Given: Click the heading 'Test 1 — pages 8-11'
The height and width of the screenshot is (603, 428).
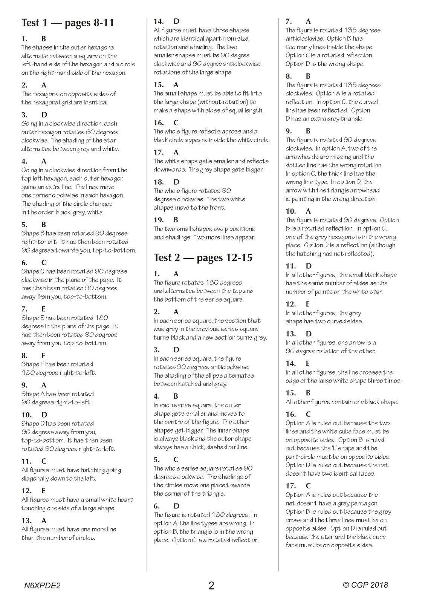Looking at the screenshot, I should [x=68, y=23].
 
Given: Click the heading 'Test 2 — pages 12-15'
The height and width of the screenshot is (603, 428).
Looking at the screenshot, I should [x=203, y=258].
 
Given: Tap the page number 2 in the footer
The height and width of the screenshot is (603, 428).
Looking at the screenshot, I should [x=211, y=585].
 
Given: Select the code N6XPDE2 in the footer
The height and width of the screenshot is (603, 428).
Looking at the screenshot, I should [x=41, y=585].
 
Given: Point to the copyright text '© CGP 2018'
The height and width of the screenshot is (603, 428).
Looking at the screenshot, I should [x=365, y=585].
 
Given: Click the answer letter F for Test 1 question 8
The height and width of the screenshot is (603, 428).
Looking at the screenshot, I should [x=44, y=355].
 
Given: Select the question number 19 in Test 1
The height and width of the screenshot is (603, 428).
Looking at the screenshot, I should [x=158, y=220].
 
